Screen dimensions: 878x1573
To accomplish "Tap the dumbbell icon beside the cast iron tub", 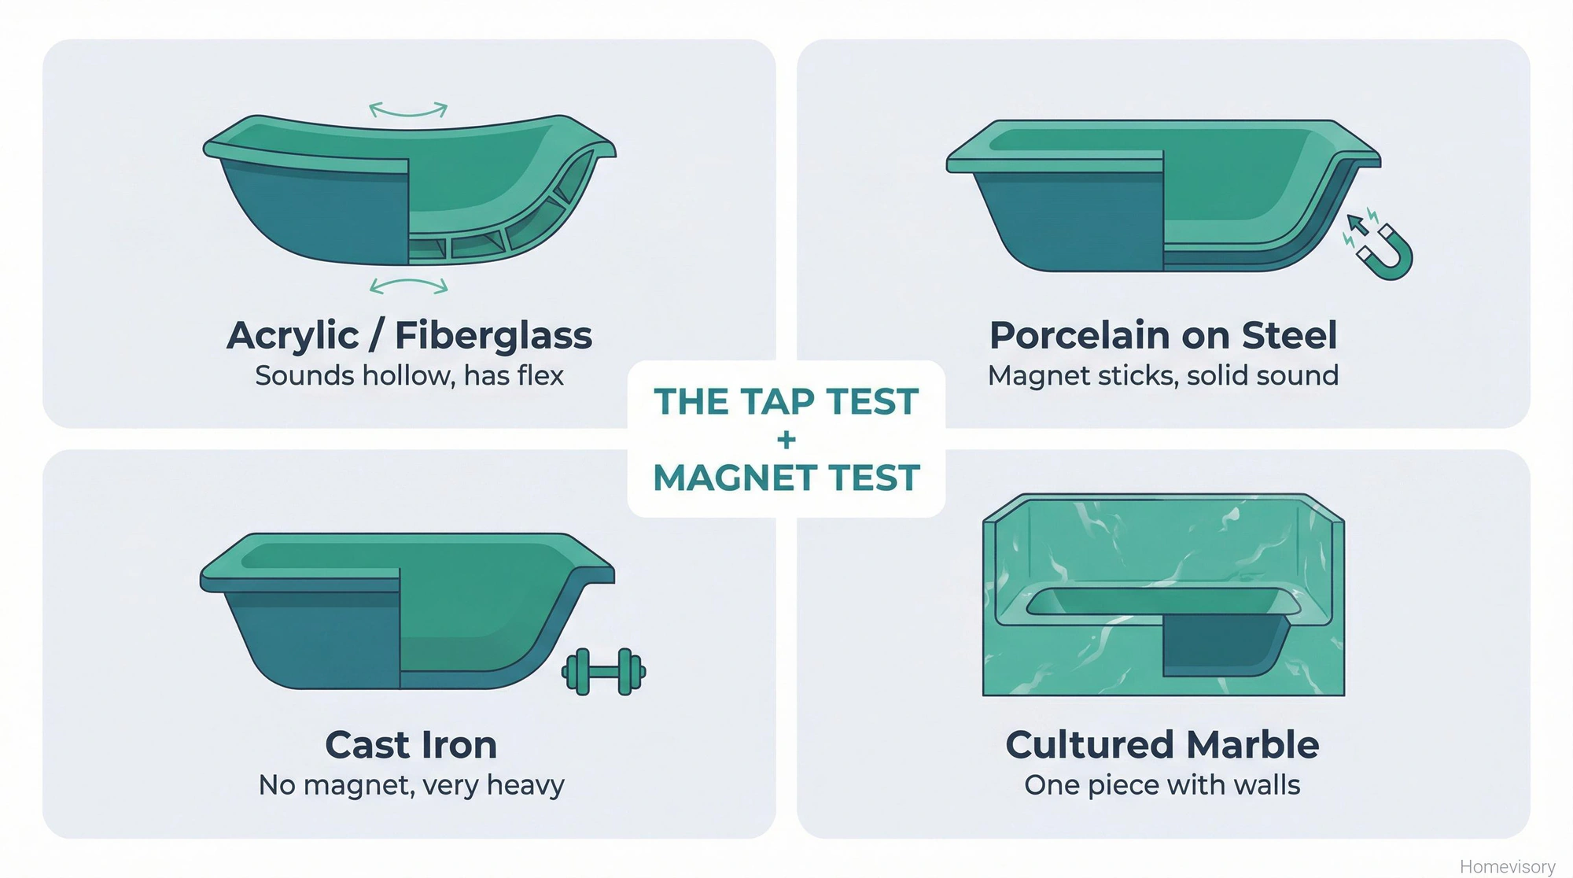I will (603, 672).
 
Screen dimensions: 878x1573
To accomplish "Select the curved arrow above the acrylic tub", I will (408, 110).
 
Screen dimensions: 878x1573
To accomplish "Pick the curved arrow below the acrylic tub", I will (408, 286).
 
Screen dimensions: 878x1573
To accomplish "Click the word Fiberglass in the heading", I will (493, 336).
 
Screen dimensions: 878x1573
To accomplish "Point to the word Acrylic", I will (293, 336).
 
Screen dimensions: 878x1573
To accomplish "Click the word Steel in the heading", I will (1289, 336).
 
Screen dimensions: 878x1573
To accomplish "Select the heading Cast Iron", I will (411, 745).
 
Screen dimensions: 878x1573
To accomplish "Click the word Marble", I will (1253, 745).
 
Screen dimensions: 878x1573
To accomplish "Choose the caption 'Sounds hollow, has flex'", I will (409, 376).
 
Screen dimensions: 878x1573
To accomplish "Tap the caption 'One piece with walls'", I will (1162, 785).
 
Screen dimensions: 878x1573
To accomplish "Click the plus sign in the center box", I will (786, 440).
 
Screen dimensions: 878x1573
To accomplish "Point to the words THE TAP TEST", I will (786, 402).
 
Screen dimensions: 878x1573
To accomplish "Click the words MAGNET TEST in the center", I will (786, 478).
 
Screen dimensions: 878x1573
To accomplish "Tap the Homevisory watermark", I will (1507, 866).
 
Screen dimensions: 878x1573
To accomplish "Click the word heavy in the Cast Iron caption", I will (525, 785).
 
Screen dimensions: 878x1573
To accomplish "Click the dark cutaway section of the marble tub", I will (1215, 645).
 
